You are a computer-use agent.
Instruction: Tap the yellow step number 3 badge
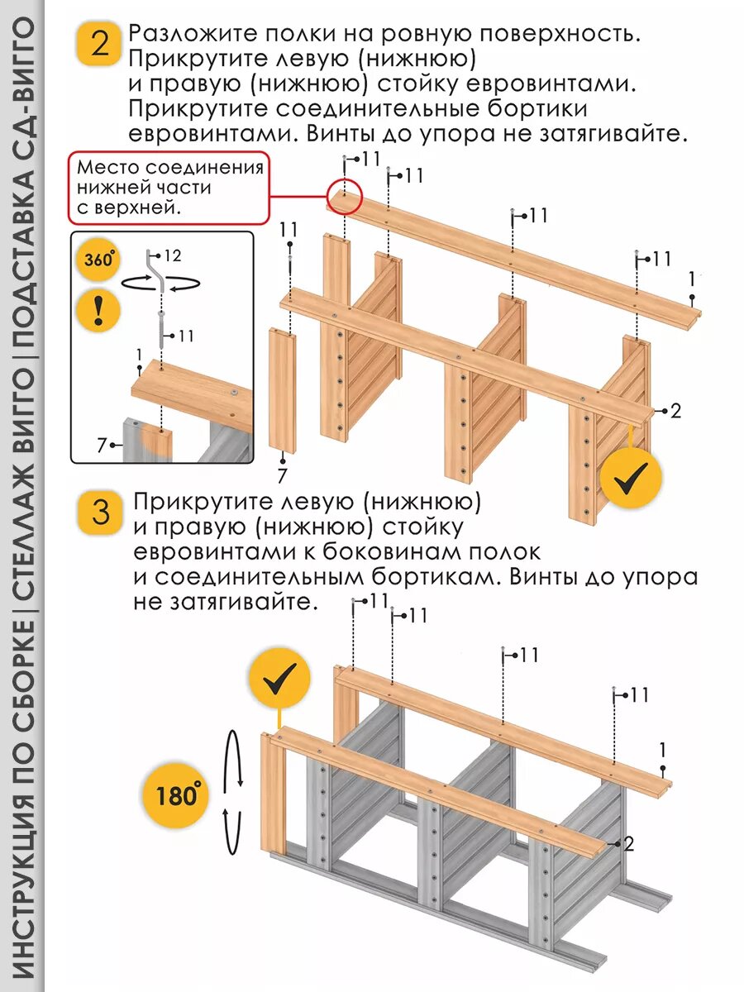tap(100, 513)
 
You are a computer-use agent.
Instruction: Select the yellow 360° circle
tap(98, 260)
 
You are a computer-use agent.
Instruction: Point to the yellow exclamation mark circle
tap(99, 311)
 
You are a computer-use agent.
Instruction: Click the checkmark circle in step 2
tap(631, 477)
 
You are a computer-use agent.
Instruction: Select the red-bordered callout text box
tap(169, 188)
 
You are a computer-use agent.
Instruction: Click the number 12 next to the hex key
tap(172, 256)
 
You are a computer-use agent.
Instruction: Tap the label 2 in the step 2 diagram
tap(675, 411)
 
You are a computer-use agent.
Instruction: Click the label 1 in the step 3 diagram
tap(662, 751)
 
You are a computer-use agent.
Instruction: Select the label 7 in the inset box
tap(101, 446)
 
